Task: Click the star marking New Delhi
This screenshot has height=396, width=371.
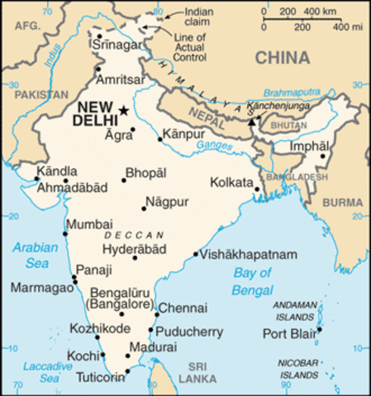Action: tap(124, 111)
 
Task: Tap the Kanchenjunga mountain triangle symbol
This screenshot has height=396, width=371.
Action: tap(250, 121)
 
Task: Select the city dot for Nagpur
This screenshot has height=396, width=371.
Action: tap(143, 208)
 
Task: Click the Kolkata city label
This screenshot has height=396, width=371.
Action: tap(231, 182)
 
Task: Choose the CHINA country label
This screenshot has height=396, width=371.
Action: tap(283, 58)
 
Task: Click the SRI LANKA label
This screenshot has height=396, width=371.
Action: tap(202, 372)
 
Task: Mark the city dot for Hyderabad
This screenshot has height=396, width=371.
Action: tap(135, 258)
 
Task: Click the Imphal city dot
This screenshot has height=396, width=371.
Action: tap(324, 156)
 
